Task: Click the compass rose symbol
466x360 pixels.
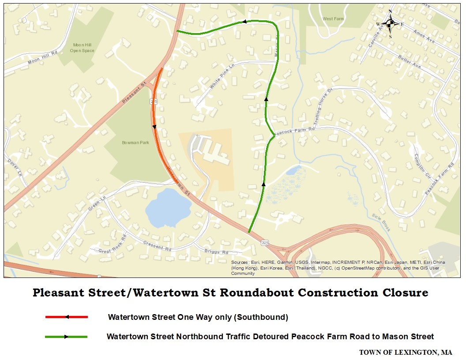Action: pos(390,24)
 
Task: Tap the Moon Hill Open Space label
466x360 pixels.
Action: pos(82,48)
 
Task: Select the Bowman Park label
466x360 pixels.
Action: pos(135,142)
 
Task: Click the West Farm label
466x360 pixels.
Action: pos(333,19)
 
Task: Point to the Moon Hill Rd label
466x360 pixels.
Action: pos(43,58)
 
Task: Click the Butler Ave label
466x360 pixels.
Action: pos(410,61)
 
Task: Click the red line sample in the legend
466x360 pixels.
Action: pos(67,317)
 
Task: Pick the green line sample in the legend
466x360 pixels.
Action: pos(66,337)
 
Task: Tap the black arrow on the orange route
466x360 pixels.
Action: pos(154,127)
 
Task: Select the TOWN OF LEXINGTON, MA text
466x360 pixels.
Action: pos(405,352)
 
